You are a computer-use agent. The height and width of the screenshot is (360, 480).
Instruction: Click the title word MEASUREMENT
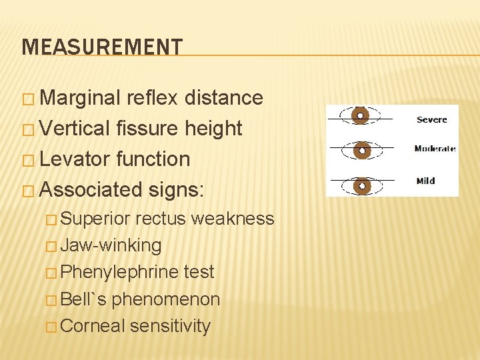coord(101,47)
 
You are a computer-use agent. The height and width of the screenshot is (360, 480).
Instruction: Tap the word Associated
coord(92,190)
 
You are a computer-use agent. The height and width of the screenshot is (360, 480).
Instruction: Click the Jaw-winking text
coord(111,245)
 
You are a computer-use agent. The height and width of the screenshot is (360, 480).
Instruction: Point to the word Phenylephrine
coord(118,273)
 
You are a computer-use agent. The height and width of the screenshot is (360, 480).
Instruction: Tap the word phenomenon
coord(166,299)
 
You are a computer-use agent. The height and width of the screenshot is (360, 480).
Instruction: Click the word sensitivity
coord(171,326)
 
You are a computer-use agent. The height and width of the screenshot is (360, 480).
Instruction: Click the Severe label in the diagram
coord(431,120)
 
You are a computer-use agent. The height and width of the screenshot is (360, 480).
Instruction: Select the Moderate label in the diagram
coord(435,149)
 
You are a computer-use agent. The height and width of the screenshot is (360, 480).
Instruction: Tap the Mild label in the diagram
coord(425,180)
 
